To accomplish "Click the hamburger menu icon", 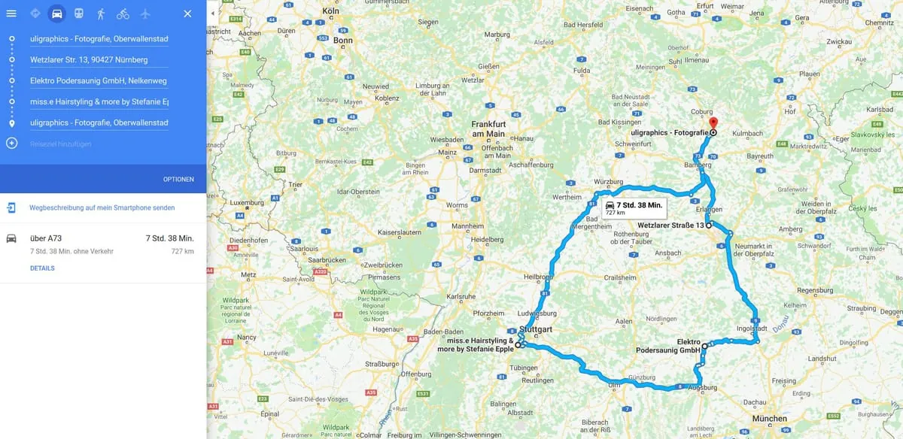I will point(11,14).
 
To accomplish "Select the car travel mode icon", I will point(57,14).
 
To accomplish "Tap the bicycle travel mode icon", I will point(123,14).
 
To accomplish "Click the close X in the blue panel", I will point(187,14).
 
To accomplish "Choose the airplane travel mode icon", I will point(144,14).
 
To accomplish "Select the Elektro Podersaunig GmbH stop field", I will point(98,80).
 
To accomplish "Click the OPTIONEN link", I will point(178,179).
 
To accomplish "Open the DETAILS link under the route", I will point(42,268).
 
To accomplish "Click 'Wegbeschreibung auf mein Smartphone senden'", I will point(102,207).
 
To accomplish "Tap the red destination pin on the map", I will point(714,123).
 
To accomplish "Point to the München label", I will point(768,419).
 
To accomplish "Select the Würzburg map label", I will point(608,182).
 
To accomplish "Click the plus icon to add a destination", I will point(12,144).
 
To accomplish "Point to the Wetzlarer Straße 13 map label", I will point(670,225).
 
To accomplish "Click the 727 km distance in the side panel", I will point(182,251).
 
